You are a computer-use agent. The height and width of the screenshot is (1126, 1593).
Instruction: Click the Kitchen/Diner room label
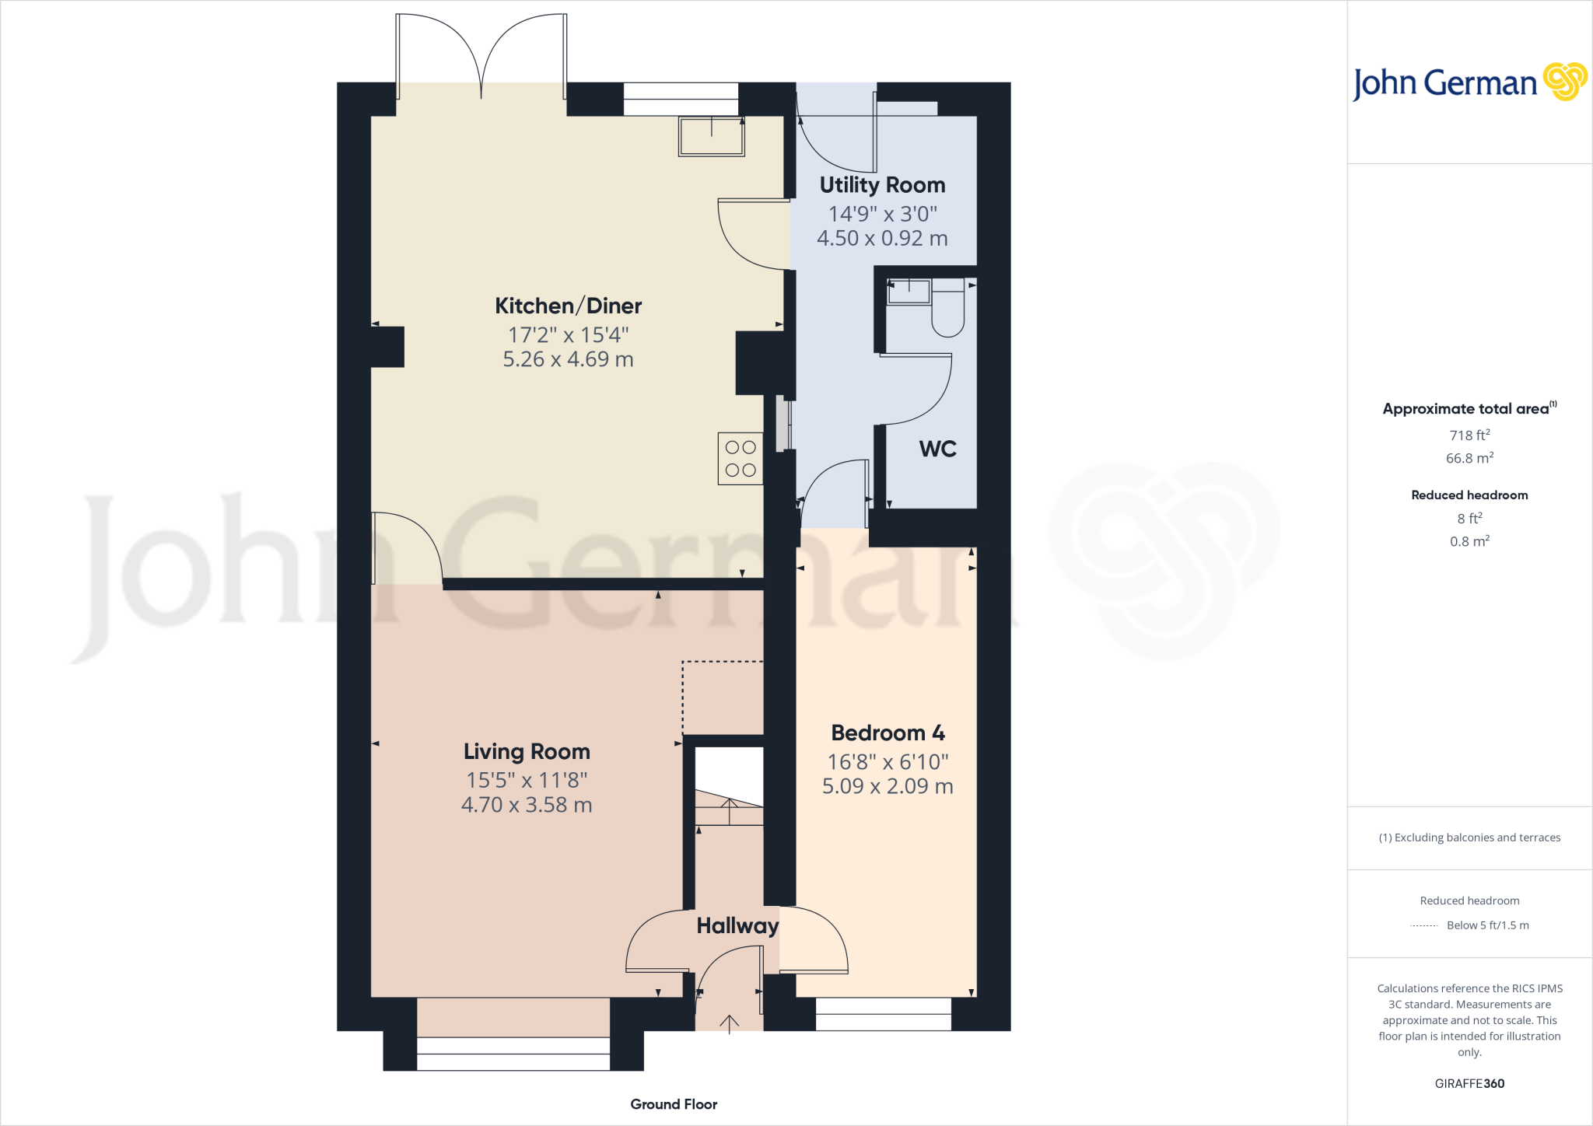568,306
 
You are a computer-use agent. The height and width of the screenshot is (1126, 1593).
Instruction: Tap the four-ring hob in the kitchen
740,459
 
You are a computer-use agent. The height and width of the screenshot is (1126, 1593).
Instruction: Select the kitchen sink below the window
711,136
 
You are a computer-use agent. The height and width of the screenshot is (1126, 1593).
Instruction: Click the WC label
937,449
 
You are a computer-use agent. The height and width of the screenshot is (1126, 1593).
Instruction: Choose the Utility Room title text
882,185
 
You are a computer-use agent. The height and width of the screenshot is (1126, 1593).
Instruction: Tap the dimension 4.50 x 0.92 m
882,238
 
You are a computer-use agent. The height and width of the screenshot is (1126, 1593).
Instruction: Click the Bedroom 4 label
888,733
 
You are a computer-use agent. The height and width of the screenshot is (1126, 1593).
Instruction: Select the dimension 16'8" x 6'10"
888,761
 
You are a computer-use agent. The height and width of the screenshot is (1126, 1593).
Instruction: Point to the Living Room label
527,751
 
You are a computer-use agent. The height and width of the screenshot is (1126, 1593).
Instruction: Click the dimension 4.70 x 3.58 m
527,805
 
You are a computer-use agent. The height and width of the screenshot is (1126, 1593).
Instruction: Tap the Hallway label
737,925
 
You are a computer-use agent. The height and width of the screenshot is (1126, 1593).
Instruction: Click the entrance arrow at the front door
729,1023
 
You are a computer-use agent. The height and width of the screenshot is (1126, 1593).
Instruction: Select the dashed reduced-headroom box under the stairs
723,698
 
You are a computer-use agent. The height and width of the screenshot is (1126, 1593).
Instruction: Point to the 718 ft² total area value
1469,435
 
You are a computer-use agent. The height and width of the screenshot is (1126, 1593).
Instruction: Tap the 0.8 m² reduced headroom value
1469,541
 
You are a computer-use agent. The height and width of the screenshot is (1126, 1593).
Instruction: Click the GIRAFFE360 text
1469,1083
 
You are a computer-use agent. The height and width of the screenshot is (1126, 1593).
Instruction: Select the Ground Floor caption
674,1104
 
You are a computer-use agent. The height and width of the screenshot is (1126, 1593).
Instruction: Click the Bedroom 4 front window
883,1014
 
